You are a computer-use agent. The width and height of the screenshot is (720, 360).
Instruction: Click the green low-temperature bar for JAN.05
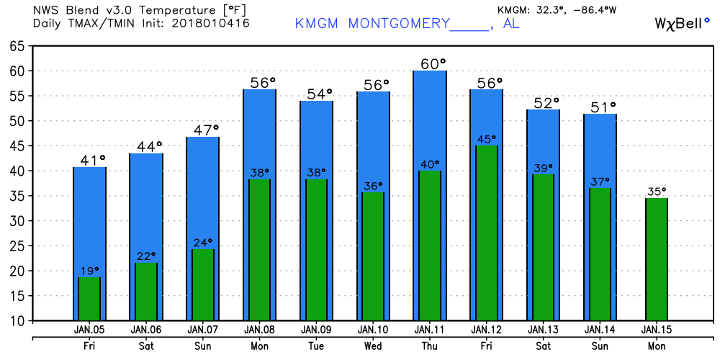pos(89,299)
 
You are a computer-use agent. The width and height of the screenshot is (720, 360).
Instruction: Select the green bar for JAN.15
pos(657,259)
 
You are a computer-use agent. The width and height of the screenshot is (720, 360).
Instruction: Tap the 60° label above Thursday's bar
pos(433,64)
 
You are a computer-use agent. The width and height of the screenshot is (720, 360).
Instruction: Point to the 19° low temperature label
pos(89,271)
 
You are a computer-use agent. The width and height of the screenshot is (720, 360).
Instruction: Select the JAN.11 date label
pos(430,330)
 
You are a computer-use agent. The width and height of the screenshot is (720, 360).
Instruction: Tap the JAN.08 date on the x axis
pos(259,330)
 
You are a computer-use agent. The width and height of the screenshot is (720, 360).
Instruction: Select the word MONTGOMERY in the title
pos(398,24)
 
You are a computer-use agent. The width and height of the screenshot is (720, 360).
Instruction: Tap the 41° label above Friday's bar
pos(92,160)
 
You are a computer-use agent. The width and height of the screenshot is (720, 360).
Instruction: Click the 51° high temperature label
pos(603,107)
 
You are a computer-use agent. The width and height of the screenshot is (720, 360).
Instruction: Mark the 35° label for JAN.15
pos(656,192)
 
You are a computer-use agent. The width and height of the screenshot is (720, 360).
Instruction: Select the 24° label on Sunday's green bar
pos(202,243)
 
